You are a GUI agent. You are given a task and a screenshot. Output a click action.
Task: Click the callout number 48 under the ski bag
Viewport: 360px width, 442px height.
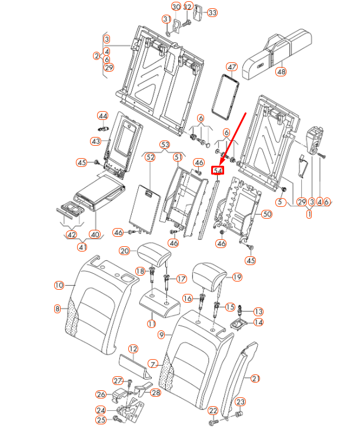pyautogui.click(x=281, y=72)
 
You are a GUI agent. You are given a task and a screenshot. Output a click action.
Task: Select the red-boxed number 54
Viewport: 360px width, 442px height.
pyautogui.click(x=218, y=171)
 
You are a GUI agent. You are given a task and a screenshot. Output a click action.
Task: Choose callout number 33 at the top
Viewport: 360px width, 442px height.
pyautogui.click(x=212, y=12)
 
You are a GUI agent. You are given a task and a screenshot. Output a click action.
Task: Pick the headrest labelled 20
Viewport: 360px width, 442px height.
pyautogui.click(x=155, y=255)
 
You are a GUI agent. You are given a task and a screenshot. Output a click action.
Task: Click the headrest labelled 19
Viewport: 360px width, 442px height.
pyautogui.click(x=208, y=274)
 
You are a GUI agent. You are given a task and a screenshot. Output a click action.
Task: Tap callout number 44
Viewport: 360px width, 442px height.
pyautogui.click(x=103, y=115)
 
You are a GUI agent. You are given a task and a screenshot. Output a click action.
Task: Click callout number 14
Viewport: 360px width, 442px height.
pyautogui.click(x=259, y=322)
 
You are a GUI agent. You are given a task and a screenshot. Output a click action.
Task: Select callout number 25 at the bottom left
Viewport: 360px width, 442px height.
pyautogui.click(x=101, y=420)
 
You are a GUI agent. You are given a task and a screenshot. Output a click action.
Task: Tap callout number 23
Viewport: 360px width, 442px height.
pyautogui.click(x=240, y=402)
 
